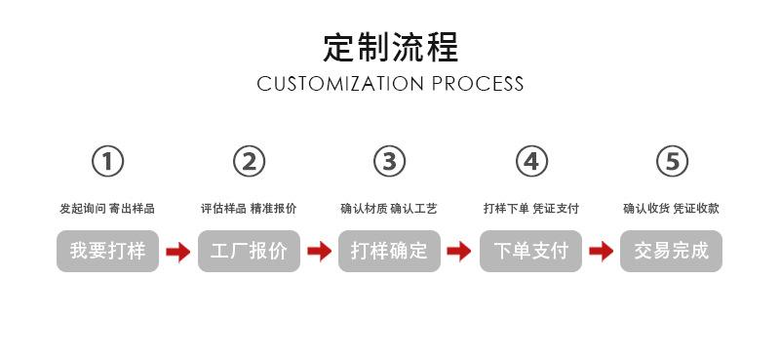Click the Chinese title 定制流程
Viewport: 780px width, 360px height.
coord(391,47)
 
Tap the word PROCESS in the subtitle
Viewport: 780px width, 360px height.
coord(478,84)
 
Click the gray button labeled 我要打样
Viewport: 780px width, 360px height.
coord(107,251)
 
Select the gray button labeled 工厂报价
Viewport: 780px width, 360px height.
coord(249,251)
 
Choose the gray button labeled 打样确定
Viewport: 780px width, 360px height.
coord(389,251)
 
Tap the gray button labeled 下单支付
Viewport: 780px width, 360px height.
coord(530,251)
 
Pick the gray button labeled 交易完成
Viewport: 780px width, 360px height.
coord(671,251)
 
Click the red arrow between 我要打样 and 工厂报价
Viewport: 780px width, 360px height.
coord(178,252)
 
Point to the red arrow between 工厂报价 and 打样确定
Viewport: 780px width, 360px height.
coord(320,252)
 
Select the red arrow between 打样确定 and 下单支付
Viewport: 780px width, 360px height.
coord(459,252)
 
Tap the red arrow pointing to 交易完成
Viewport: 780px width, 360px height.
coord(601,252)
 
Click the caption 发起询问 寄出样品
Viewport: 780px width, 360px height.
coord(107,209)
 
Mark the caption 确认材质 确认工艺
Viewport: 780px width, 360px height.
coord(389,209)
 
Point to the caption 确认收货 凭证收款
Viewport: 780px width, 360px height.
coord(671,209)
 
